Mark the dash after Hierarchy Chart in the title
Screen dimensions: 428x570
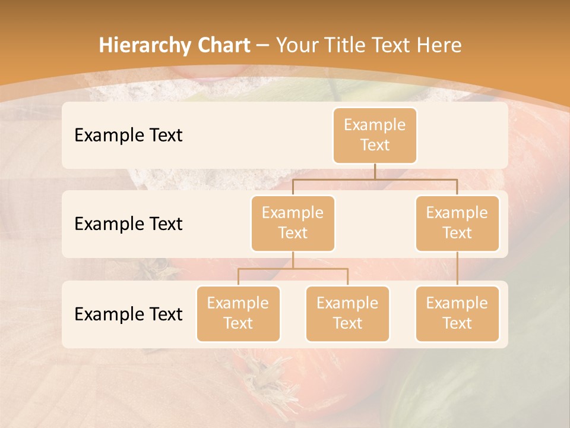tap(263, 46)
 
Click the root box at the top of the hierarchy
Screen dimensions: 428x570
tap(375, 135)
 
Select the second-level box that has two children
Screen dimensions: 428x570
tap(293, 223)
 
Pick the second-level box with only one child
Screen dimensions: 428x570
tap(457, 223)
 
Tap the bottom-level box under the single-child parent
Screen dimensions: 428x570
tap(457, 313)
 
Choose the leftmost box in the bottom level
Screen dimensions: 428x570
tap(238, 313)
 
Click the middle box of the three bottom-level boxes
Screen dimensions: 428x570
tap(347, 313)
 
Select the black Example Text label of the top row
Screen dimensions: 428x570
tap(128, 135)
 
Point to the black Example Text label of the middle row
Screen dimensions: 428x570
tap(128, 224)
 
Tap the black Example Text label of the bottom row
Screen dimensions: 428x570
tap(128, 314)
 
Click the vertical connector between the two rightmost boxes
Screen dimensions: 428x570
tap(457, 268)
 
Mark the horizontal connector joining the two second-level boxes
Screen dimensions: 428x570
tap(375, 179)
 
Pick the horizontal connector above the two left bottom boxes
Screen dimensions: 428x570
tap(293, 269)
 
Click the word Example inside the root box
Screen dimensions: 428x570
tap(375, 125)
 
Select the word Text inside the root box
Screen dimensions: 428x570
tap(375, 145)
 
